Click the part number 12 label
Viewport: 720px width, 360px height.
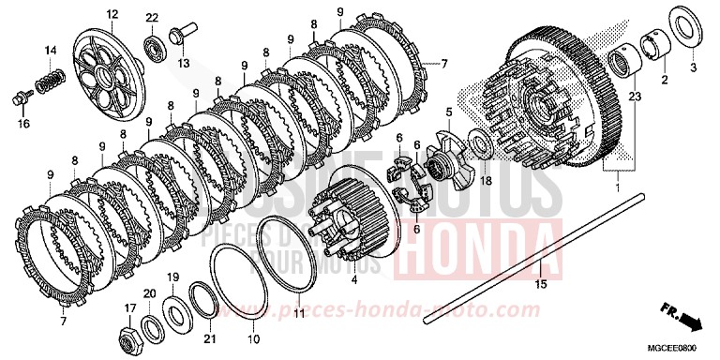(112, 14)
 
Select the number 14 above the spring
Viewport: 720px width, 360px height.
(51, 49)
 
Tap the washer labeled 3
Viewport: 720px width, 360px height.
(685, 23)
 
